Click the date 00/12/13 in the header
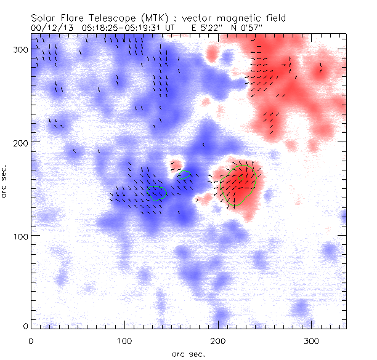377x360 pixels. pos(49,28)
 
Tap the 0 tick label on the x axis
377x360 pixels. pos(31,340)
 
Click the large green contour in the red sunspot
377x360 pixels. pos(238,186)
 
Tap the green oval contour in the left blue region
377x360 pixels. pos(158,193)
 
